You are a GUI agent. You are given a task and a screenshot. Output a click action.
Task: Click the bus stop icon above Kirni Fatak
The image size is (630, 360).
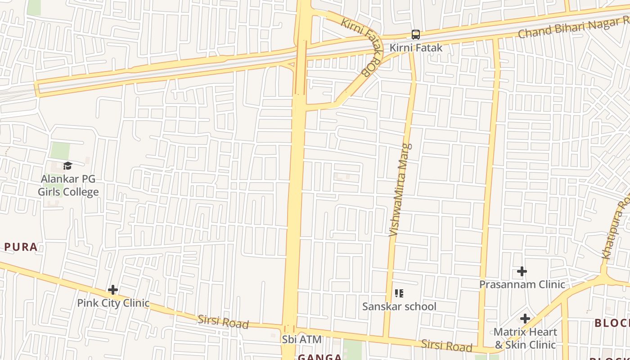pos(416,35)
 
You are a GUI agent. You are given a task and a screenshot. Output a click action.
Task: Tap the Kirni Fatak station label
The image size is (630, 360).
pos(416,48)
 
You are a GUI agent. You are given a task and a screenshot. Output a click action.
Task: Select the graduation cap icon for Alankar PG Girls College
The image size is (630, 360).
pos(67,166)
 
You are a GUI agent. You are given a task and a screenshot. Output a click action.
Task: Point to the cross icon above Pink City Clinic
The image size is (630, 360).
pos(113,290)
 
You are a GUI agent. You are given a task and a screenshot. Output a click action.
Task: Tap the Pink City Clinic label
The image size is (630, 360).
pos(113,303)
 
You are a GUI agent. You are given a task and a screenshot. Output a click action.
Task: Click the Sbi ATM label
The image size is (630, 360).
pos(302,339)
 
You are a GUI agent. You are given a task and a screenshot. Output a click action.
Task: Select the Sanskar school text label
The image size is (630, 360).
pos(399,306)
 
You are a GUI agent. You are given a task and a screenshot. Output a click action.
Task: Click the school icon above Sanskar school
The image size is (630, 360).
pos(399,294)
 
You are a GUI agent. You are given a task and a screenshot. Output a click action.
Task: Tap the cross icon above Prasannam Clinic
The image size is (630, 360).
pos(522,271)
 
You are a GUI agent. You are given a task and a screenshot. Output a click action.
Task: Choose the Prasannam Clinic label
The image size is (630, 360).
pos(522,284)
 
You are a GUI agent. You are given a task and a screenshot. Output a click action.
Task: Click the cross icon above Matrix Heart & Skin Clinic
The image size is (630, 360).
pos(525,319)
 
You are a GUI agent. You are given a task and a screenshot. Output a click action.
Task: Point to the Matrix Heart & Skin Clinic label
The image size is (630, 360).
pos(525,338)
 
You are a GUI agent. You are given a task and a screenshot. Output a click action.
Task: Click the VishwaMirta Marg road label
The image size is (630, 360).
pos(400,190)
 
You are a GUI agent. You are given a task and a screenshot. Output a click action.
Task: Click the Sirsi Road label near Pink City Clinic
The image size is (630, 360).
pos(223,322)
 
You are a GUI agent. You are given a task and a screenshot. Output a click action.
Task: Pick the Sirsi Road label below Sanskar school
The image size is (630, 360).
pos(446,346)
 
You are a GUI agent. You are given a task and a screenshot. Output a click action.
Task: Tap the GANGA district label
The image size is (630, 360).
pos(319,357)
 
